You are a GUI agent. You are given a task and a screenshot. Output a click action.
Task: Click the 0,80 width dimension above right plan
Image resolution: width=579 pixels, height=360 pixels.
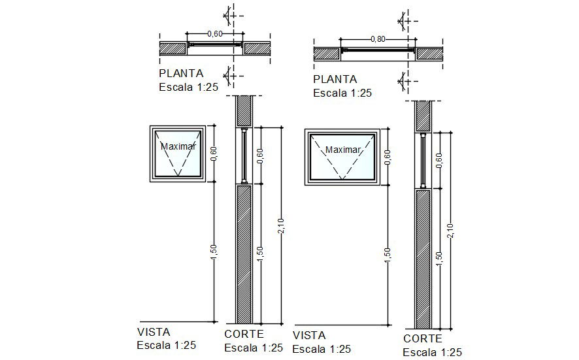click(378, 39)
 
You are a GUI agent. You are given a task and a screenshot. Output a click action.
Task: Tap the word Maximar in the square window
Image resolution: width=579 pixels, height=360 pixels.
click(178, 146)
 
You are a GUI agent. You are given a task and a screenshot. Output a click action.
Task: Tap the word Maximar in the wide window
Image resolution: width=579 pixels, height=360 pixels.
click(343, 150)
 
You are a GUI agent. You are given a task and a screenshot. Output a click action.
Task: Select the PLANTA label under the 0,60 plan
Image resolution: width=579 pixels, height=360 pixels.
click(181, 73)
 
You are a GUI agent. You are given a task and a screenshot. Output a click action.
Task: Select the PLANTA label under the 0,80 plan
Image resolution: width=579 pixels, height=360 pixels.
click(335, 80)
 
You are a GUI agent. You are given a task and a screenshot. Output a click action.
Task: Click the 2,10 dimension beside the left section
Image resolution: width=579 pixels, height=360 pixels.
click(280, 226)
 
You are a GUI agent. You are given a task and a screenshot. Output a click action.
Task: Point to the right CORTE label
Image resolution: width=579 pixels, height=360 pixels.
click(423, 338)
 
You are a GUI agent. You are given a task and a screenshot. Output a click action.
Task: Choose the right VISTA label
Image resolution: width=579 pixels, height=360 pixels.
click(310, 335)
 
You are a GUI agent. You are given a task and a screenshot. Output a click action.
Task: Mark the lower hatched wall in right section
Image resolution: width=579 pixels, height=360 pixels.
click(423, 257)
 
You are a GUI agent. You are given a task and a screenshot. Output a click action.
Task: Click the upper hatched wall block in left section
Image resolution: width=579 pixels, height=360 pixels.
click(244, 111)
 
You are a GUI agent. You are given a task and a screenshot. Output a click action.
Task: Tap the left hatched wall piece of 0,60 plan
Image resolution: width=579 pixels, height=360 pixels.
click(174, 48)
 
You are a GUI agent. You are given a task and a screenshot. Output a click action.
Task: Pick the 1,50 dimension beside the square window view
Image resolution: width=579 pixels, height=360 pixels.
click(214, 252)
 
